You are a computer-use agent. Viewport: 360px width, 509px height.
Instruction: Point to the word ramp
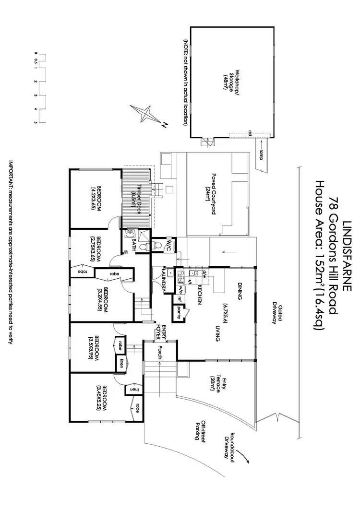261,154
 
